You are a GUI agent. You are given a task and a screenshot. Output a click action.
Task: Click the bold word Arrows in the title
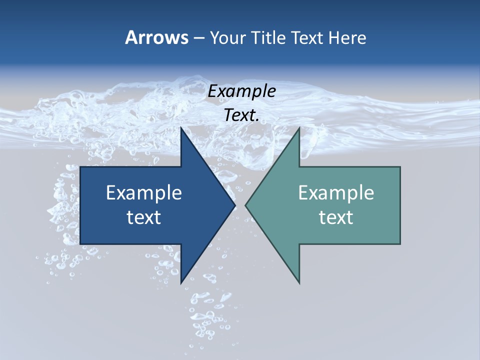click(156, 37)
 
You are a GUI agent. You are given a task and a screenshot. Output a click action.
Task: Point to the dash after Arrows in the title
click(198, 38)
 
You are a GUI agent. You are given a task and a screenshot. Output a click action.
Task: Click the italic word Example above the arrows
click(242, 91)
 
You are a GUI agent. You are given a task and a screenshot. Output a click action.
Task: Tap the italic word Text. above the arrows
click(242, 115)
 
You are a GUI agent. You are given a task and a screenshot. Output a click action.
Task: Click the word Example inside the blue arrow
click(144, 192)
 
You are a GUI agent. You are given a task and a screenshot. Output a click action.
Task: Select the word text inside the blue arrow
click(144, 217)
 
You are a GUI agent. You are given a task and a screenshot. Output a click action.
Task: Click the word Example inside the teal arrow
click(336, 192)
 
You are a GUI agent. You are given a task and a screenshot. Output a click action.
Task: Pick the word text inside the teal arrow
click(336, 217)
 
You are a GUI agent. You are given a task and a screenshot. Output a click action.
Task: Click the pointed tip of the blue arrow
click(235, 205)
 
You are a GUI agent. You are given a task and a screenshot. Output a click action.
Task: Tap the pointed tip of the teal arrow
click(245, 205)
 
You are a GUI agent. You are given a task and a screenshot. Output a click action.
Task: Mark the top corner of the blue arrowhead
click(181, 127)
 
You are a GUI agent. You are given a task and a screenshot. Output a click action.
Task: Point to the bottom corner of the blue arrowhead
click(181, 283)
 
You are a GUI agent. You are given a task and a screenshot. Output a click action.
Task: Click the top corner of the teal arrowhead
click(299, 127)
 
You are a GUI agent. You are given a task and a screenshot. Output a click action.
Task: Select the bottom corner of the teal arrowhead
click(299, 283)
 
